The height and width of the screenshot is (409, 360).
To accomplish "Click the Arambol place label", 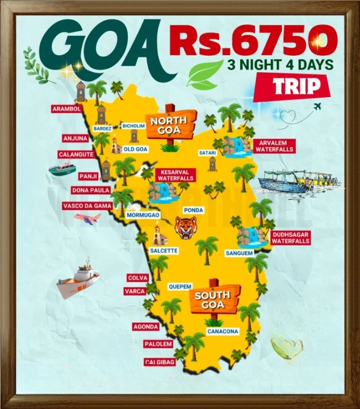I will pyautogui.click(x=66, y=108).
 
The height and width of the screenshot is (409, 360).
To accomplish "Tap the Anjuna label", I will pyautogui.click(x=75, y=138).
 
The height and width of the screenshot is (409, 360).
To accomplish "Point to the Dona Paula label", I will pyautogui.click(x=91, y=190).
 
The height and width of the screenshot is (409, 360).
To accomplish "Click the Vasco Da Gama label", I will pyautogui.click(x=87, y=206).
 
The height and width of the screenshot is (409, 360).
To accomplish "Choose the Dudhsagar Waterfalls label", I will pyautogui.click(x=291, y=237).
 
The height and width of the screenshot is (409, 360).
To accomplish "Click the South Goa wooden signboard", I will pyautogui.click(x=212, y=299).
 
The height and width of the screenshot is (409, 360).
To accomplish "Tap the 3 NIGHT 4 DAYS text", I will pyautogui.click(x=280, y=64).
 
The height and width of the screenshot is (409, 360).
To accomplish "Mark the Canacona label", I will pyautogui.click(x=223, y=331).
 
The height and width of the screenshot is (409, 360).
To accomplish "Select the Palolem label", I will pyautogui.click(x=158, y=344).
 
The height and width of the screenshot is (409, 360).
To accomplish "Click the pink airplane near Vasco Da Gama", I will pyautogui.click(x=88, y=219).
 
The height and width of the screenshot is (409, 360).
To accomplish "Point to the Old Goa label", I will pyautogui.click(x=135, y=149).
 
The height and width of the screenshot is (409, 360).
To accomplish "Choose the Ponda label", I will pyautogui.click(x=194, y=209).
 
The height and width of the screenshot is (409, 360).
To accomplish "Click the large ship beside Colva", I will pyautogui.click(x=77, y=279).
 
